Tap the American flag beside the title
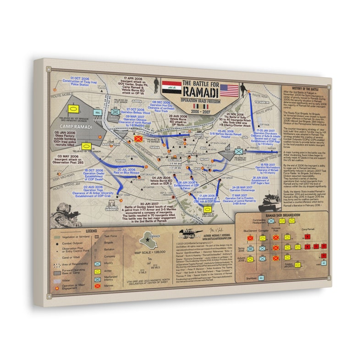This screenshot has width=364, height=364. click(229, 89)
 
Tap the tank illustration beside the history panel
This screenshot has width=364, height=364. click(270, 201)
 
